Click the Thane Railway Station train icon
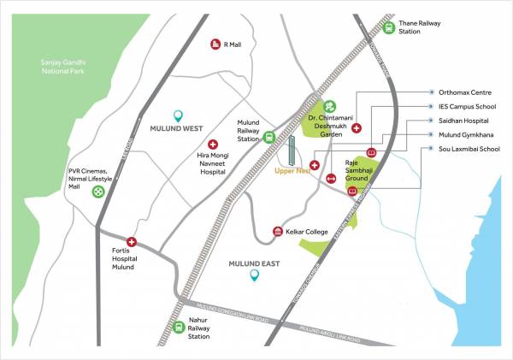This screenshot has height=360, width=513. pos(390,27)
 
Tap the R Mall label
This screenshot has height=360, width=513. pos(233,44)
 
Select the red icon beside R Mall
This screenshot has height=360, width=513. pos(215,44)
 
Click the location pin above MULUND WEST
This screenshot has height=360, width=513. pos(178,115)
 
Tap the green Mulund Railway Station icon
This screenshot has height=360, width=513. pos(269,136)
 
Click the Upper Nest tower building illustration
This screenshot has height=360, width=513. pos(290,153)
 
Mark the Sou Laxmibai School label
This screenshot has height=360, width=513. pos(465,148)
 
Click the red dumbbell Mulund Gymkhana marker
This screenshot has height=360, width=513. pos(331,179)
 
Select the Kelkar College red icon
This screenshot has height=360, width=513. pos(277,232)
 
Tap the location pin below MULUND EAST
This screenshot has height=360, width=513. pos(254,275)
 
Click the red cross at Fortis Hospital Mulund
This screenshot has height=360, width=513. pos(132,243)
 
